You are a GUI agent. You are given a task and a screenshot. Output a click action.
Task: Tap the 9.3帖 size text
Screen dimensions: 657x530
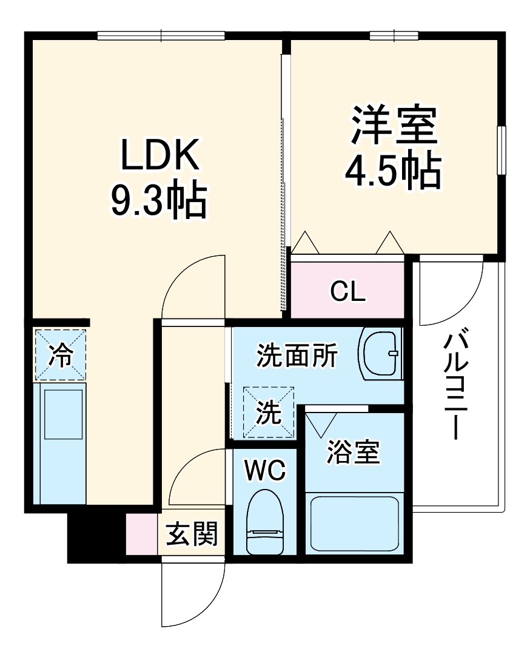coord(159,201)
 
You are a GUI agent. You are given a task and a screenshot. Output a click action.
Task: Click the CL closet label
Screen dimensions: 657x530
coord(348,291)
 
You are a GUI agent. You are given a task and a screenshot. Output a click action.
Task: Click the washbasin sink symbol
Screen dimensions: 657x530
coord(380,354)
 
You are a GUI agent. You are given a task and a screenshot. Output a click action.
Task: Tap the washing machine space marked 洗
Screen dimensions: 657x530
coord(268,413)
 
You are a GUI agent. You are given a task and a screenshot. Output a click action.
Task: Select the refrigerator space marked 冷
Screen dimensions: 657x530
coord(60,355)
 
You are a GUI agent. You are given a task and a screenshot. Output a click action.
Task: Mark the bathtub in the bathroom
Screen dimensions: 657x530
coord(355,523)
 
